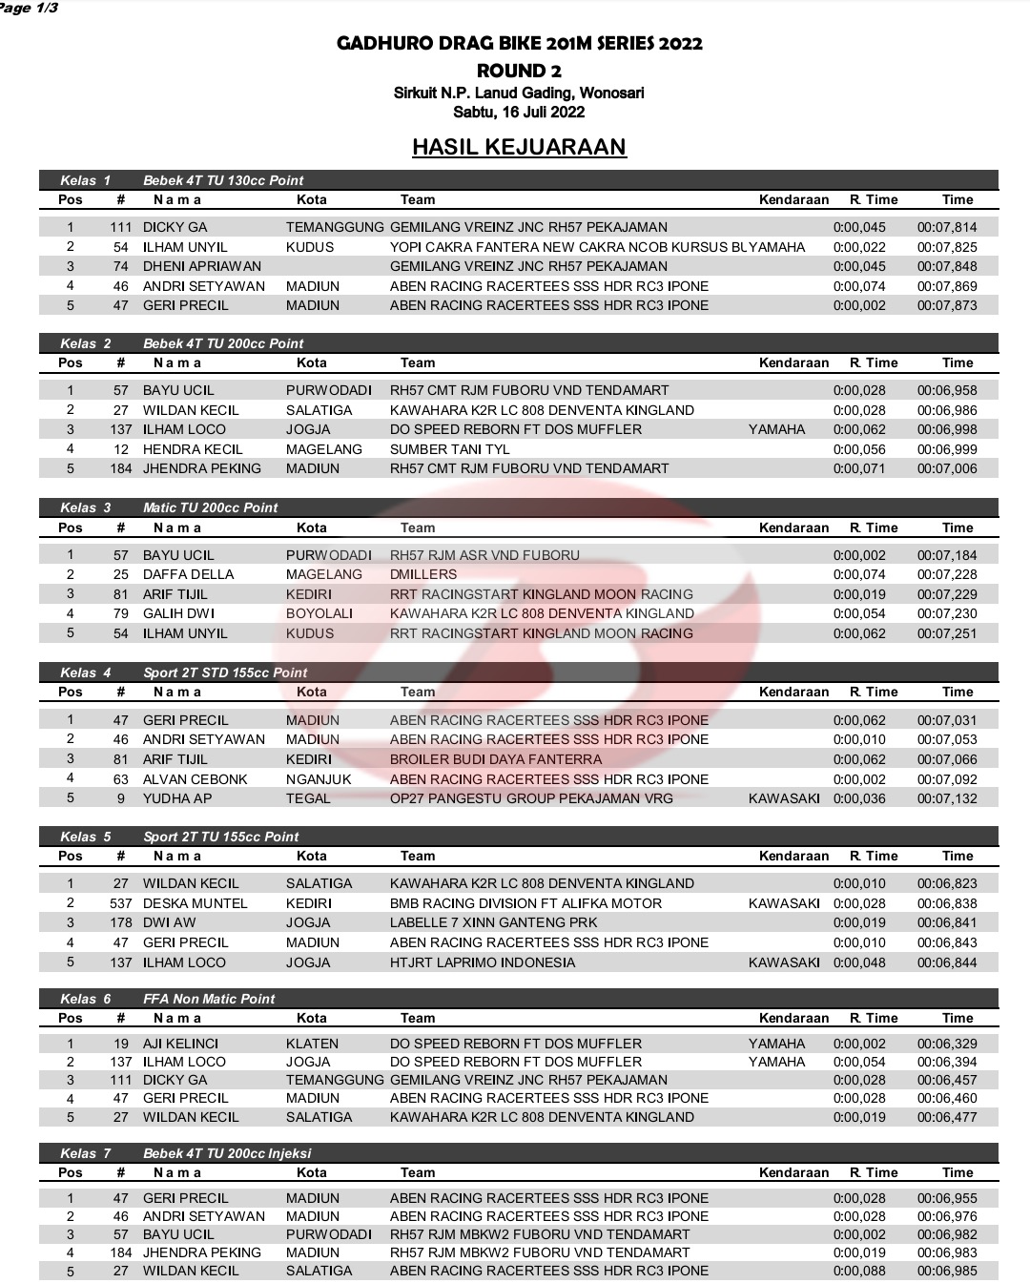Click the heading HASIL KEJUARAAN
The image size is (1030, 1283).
519,147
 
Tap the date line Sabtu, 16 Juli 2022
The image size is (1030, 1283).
519,112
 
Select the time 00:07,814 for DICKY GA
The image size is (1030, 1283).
946,227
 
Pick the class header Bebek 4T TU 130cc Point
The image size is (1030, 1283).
223,180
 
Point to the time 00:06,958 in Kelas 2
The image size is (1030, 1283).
946,390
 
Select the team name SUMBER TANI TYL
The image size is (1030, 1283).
449,449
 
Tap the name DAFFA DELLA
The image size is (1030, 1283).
188,574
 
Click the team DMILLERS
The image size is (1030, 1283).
423,574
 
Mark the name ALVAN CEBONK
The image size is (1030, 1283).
195,779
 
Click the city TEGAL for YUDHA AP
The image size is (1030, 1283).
308,798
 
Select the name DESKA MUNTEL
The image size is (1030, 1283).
195,903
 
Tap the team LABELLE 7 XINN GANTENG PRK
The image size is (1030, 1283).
493,922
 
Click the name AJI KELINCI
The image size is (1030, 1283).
180,1044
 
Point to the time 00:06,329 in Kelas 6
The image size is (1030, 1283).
946,1044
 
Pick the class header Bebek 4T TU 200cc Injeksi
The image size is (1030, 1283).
227,1153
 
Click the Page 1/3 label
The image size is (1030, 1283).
29,8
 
